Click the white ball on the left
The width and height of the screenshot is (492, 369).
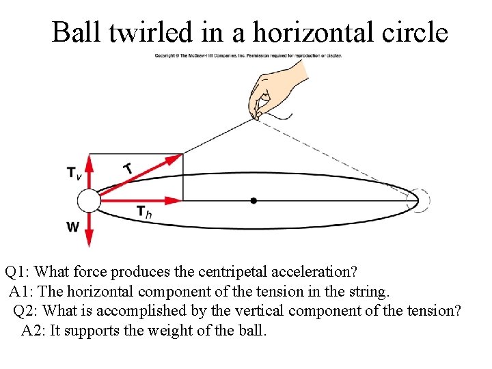click(x=88, y=200)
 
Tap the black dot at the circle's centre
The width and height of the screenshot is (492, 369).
click(x=254, y=200)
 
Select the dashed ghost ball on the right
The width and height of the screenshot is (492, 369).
click(x=419, y=200)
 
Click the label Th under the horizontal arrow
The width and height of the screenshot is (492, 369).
click(x=143, y=212)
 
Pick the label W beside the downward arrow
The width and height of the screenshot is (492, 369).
click(x=72, y=228)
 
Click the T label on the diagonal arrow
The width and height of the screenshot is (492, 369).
click(x=128, y=167)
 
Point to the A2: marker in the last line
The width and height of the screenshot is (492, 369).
click(x=33, y=331)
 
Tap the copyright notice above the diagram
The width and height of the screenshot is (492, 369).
click(x=248, y=55)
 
